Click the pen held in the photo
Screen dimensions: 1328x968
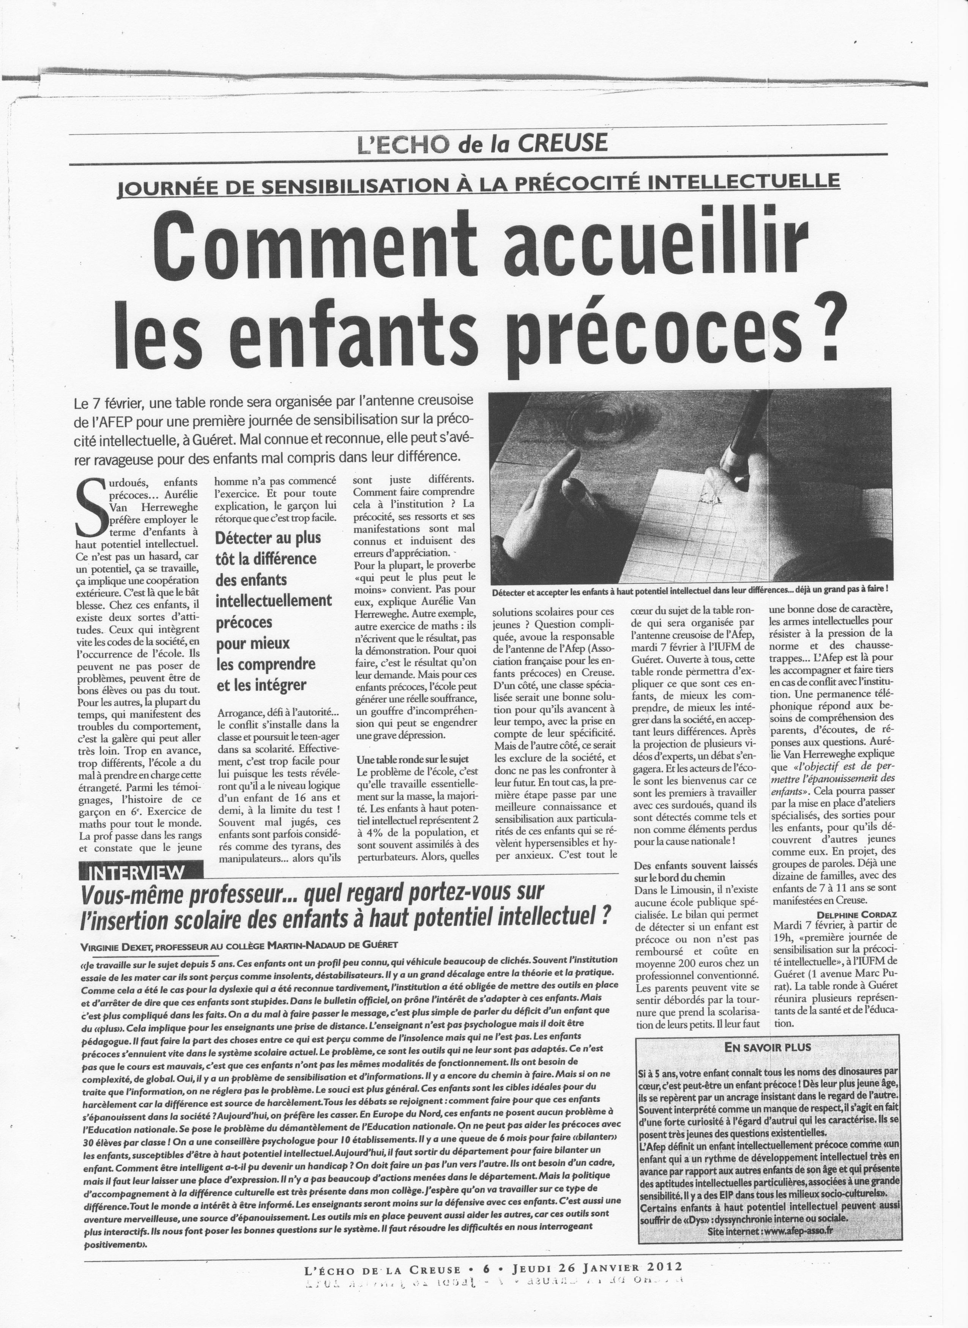[x=747, y=433]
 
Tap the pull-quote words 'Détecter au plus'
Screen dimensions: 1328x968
[x=268, y=537]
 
